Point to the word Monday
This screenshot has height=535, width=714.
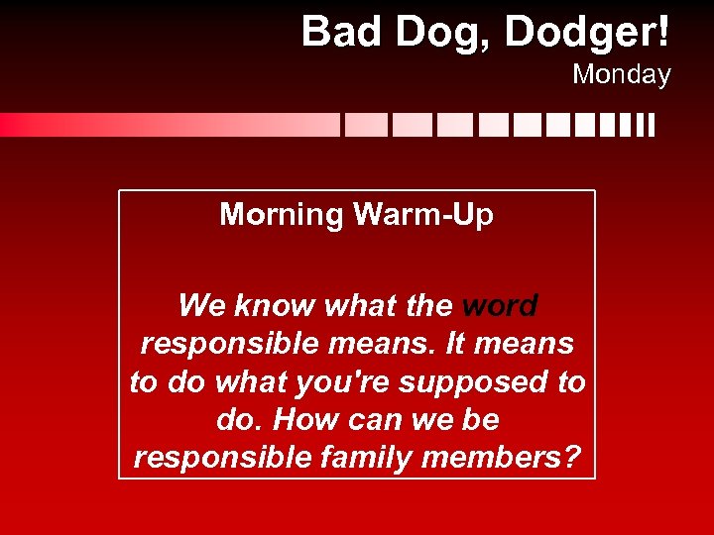click(x=621, y=74)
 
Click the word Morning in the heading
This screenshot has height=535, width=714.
click(x=281, y=215)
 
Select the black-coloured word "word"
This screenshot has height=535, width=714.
click(x=500, y=305)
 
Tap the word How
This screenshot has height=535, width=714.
click(x=305, y=420)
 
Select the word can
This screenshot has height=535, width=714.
click(x=379, y=420)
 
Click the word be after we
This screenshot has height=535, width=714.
click(x=480, y=420)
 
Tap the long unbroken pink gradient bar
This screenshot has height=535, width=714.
click(x=169, y=125)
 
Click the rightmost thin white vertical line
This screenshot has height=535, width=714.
click(x=652, y=125)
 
